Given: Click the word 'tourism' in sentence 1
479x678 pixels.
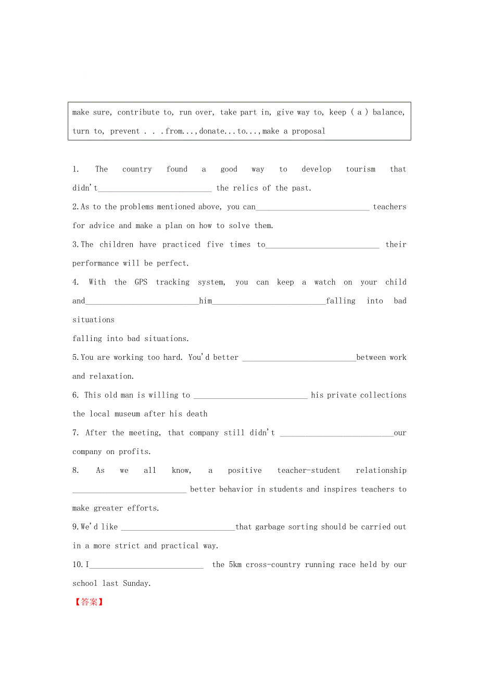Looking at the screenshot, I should (x=360, y=169).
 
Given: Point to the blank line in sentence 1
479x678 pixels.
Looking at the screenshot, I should (x=155, y=189).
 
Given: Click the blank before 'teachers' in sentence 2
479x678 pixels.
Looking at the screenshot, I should (x=312, y=207).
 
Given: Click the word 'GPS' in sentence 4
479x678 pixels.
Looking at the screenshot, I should (x=141, y=282).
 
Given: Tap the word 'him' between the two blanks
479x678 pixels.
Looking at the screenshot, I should (x=206, y=301).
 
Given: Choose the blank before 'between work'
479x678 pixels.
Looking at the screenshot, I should (x=299, y=358).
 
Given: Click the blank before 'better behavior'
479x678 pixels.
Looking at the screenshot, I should (x=129, y=489).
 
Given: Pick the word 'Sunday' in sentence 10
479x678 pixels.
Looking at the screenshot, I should (x=136, y=584).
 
